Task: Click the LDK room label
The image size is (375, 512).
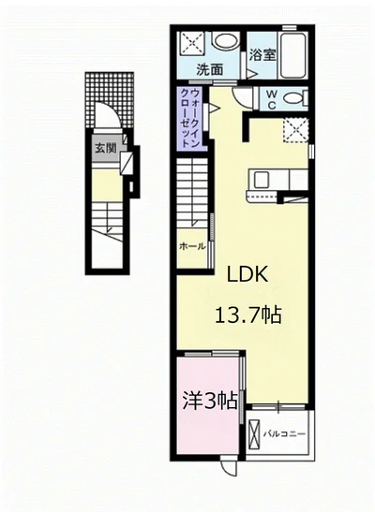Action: [x=247, y=274]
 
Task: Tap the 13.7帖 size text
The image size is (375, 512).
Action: [x=247, y=315]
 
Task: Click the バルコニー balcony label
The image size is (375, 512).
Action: [x=284, y=434]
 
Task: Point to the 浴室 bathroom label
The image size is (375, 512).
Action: [x=262, y=55]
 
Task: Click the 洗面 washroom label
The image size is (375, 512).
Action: [x=210, y=69]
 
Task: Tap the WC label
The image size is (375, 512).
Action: [x=272, y=99]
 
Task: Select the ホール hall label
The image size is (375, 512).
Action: [x=192, y=246]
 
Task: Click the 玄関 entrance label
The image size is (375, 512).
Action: [x=106, y=149]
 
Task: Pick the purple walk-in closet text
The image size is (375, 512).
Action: [x=189, y=119]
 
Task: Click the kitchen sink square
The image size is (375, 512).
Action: [x=261, y=179]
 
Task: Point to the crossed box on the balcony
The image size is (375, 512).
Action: [x=254, y=434]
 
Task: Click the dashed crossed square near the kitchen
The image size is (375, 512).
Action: [x=296, y=130]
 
